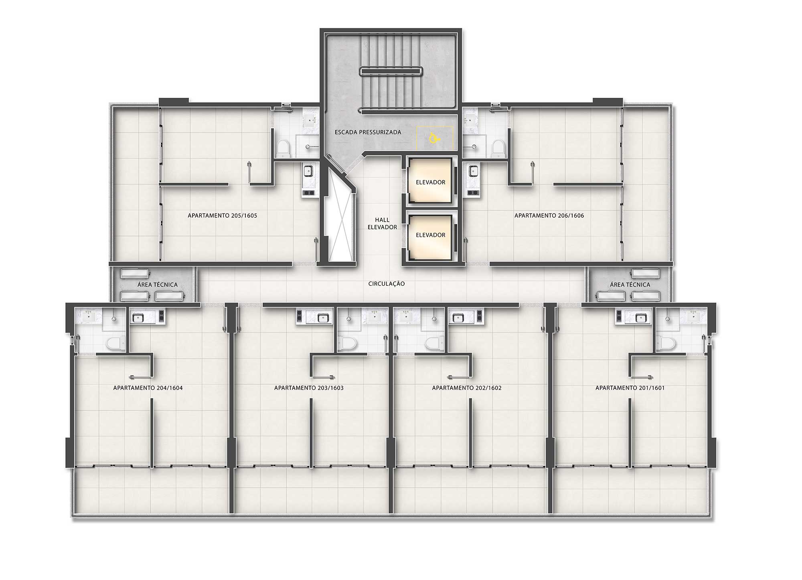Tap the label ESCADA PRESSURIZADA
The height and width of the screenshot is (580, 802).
(x=368, y=132)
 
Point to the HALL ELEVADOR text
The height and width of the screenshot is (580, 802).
(x=382, y=224)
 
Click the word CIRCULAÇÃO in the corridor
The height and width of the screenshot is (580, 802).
(x=387, y=284)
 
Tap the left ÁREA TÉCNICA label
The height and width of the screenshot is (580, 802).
(x=157, y=285)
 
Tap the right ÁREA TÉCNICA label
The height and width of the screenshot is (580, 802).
(x=630, y=285)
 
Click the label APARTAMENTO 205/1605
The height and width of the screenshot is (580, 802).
(x=222, y=216)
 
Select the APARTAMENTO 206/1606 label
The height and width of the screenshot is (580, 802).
(x=549, y=216)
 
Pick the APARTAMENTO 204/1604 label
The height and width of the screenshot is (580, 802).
(x=148, y=388)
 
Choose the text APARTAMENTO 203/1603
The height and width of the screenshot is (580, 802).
(x=309, y=388)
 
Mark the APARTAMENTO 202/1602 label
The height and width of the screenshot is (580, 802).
(x=467, y=388)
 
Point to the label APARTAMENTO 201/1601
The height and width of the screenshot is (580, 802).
(x=630, y=388)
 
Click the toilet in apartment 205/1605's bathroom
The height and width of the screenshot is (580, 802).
(x=283, y=148)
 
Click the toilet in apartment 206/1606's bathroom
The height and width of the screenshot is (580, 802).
(x=498, y=148)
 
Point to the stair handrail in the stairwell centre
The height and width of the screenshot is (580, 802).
(x=391, y=71)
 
